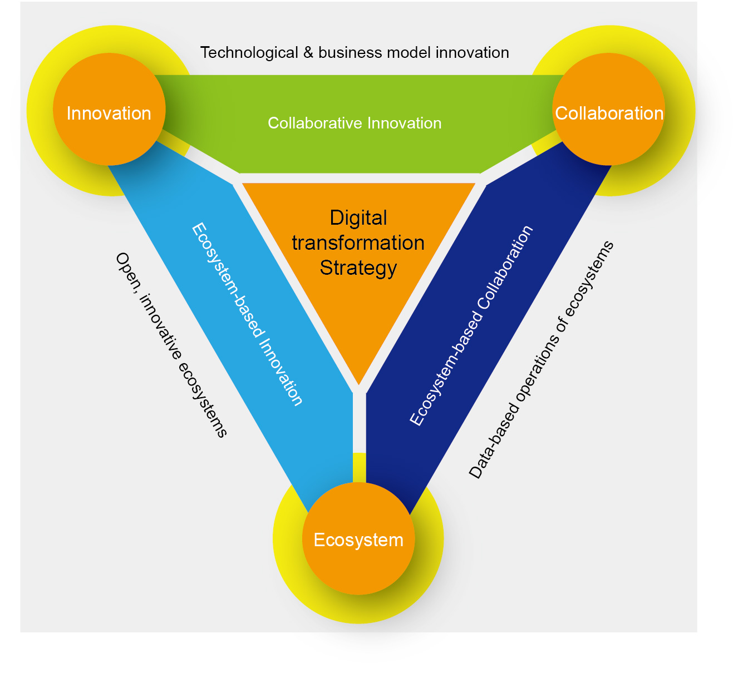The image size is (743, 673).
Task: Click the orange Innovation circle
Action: [109, 110]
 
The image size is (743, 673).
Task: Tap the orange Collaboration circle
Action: [609, 110]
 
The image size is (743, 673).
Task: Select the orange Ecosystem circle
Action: [358, 538]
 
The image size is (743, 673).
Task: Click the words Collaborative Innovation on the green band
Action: [355, 123]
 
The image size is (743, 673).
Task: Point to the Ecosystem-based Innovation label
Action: [247, 314]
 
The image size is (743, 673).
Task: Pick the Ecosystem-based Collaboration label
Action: [471, 326]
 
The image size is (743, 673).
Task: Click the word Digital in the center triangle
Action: [358, 217]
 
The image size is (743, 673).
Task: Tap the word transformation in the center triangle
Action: [358, 243]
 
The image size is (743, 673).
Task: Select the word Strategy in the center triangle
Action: [358, 268]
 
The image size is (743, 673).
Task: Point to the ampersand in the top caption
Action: [308, 53]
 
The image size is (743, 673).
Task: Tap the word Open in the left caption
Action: [124, 268]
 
